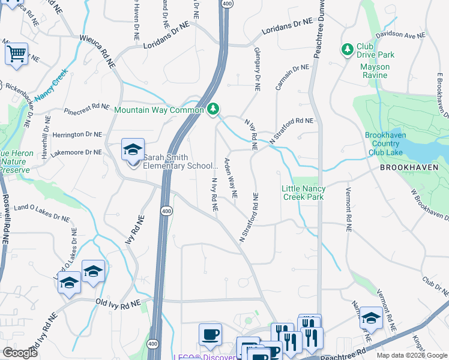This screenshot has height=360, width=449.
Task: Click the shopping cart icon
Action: pyautogui.click(x=17, y=53)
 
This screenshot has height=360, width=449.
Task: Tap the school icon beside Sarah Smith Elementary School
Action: pyautogui.click(x=132, y=149)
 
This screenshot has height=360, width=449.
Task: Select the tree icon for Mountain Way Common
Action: pyautogui.click(x=213, y=109)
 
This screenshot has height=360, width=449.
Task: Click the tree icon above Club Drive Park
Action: pyautogui.click(x=347, y=48)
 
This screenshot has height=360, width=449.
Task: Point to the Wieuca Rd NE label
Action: pyautogui.click(x=97, y=53)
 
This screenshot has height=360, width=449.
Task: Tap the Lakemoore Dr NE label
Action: pyautogui.click(x=76, y=152)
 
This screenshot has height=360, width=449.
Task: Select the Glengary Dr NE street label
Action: pyautogui.click(x=257, y=69)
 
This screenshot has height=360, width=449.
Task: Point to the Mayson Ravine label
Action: pyautogui.click(x=375, y=71)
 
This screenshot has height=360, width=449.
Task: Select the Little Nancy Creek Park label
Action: pyautogui.click(x=303, y=193)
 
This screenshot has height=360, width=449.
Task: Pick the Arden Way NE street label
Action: pyautogui.click(x=231, y=178)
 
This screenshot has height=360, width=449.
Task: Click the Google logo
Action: pyautogui.click(x=20, y=353)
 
